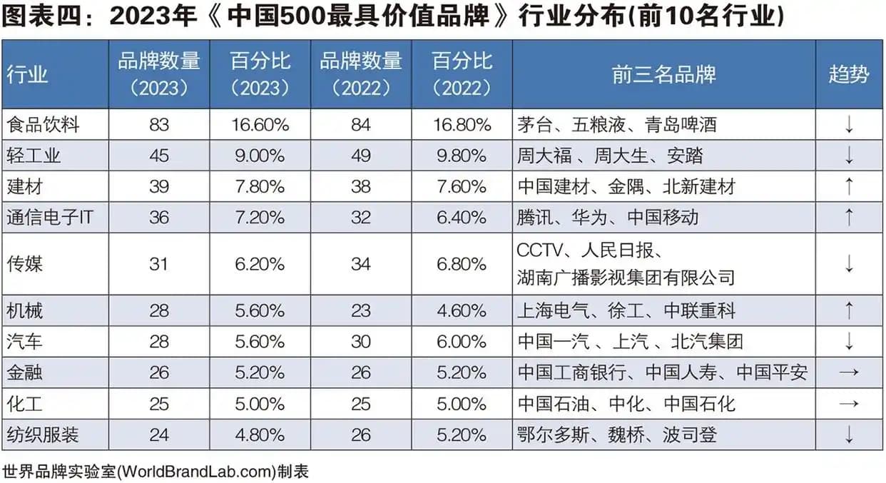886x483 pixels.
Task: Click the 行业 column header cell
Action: tap(28, 75)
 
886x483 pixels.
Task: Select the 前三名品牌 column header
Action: tap(663, 75)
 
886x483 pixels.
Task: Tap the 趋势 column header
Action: tap(849, 75)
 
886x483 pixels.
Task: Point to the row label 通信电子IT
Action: tap(50, 217)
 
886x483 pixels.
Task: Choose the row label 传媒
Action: tap(25, 264)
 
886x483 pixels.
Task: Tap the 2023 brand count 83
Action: tap(159, 125)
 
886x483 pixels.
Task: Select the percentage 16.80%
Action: tap(462, 125)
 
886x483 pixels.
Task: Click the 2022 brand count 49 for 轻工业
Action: tap(361, 156)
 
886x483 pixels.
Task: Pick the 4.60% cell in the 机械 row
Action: tap(462, 310)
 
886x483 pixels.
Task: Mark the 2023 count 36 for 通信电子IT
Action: tap(159, 217)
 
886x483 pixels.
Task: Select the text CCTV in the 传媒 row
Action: tap(539, 251)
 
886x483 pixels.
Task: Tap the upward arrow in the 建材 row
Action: tap(849, 186)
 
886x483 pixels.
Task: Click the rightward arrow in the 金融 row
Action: tap(849, 372)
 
